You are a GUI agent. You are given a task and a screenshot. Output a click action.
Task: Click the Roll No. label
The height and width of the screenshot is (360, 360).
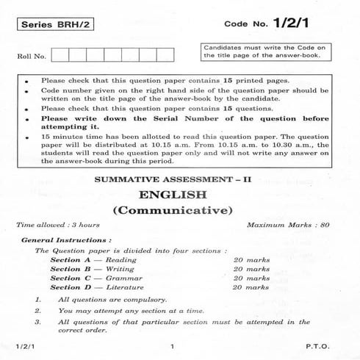click(x=32, y=56)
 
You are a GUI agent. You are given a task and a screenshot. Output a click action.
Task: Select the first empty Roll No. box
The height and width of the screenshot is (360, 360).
click(x=60, y=55)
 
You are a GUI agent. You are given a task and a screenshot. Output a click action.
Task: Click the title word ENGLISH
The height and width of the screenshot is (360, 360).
click(x=180, y=195)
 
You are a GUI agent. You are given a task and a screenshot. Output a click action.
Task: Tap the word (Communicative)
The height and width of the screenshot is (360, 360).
click(x=180, y=212)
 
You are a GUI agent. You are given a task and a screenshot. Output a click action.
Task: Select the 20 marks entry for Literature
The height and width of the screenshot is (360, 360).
click(x=251, y=287)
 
